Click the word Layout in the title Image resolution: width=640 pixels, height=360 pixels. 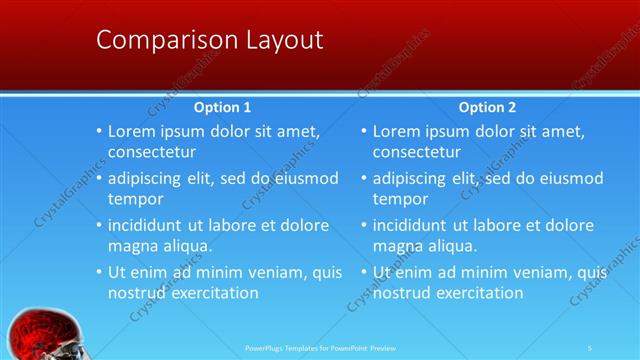[284, 40]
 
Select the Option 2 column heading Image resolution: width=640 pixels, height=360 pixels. [488, 107]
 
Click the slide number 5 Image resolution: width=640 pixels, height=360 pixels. [590, 347]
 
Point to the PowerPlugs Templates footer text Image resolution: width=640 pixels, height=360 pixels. [320, 347]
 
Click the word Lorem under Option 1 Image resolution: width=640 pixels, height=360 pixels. [132, 131]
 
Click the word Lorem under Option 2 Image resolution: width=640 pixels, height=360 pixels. [397, 131]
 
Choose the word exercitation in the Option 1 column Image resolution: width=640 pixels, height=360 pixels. [211, 293]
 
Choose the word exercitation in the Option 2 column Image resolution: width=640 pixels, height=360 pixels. [476, 293]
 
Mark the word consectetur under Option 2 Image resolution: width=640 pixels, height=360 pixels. [417, 153]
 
